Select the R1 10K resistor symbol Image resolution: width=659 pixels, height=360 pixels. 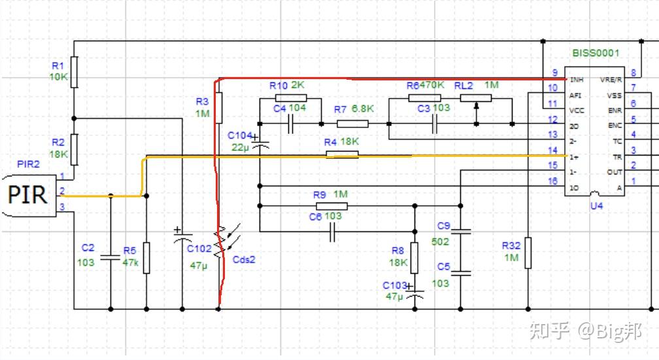click(74, 71)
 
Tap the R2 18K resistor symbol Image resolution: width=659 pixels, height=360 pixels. click(74, 149)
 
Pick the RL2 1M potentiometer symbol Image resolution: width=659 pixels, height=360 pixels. click(475, 98)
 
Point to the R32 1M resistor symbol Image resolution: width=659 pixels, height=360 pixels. click(528, 254)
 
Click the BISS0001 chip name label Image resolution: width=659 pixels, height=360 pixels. click(595, 53)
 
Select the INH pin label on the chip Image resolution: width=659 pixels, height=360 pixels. click(576, 80)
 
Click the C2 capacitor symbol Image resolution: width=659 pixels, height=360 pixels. click(110, 257)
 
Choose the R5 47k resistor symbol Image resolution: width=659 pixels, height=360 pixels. click(146, 257)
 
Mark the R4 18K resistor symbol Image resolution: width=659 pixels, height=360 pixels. click(343, 155)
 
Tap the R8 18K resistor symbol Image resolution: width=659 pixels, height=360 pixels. click(414, 257)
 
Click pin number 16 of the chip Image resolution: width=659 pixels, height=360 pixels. click(553, 181)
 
